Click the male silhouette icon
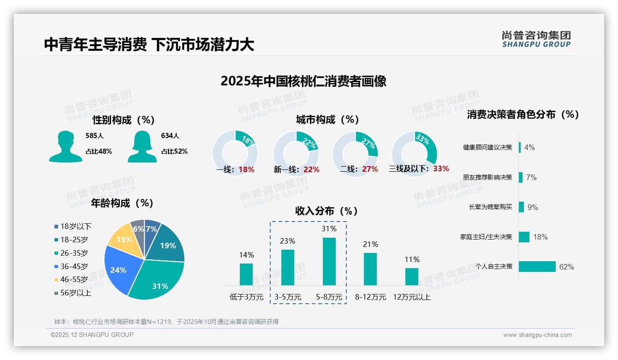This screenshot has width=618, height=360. click(x=65, y=146)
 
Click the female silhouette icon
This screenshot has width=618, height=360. click(x=142, y=146)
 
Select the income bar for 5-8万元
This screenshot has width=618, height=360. click(x=329, y=261)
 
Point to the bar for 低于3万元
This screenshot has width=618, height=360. click(x=246, y=274)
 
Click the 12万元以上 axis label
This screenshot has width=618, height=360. click(x=411, y=297)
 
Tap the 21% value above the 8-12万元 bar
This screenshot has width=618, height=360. click(x=370, y=244)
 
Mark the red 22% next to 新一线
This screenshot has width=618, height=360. click(x=311, y=169)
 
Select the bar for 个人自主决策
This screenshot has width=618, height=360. click(x=537, y=266)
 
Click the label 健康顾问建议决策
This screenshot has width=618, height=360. click(x=487, y=147)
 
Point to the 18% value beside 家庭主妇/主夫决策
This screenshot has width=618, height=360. click(x=540, y=237)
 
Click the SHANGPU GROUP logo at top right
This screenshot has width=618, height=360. click(x=536, y=39)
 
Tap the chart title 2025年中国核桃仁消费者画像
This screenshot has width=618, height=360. click(x=303, y=81)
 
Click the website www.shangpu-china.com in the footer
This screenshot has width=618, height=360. click(x=537, y=335)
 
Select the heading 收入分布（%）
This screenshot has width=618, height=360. click(x=327, y=211)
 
